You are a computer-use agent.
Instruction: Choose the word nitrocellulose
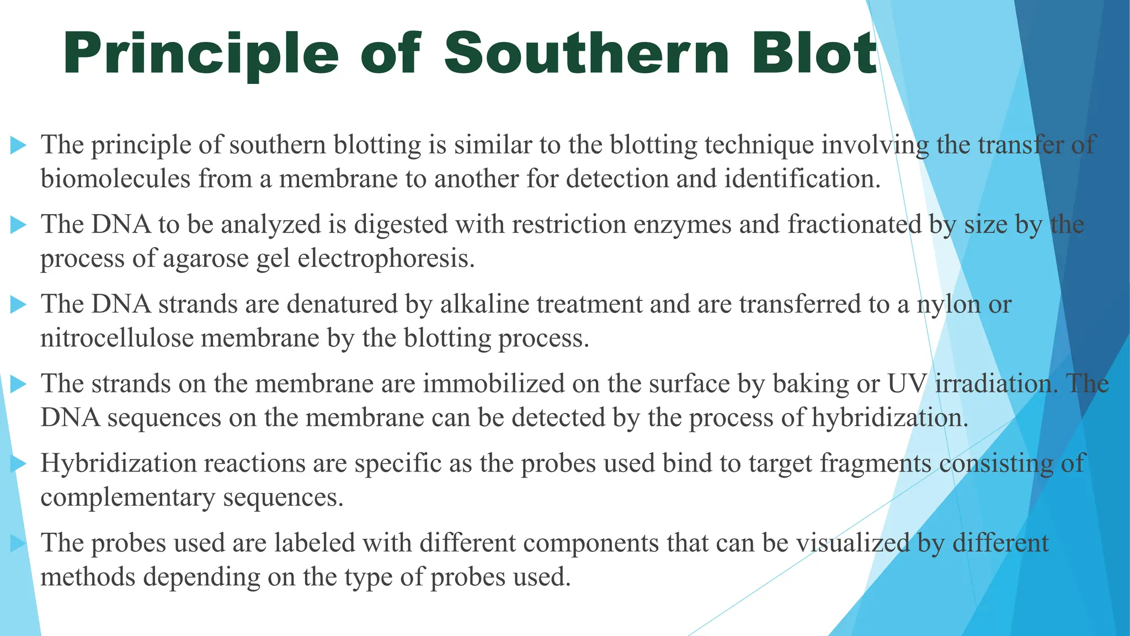117,338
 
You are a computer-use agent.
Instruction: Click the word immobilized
493,384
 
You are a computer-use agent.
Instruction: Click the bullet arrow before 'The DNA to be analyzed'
19,225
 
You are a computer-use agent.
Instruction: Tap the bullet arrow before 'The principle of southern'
19,145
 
